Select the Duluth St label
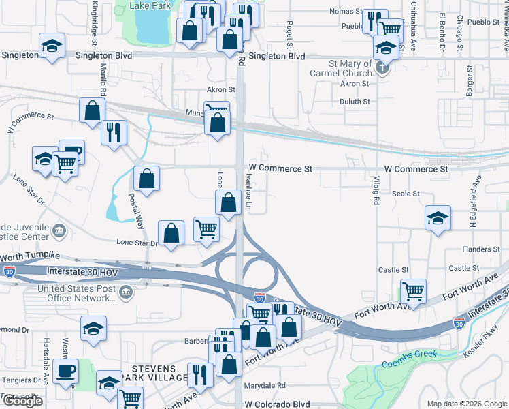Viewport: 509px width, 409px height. point(355,102)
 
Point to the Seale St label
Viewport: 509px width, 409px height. point(406,194)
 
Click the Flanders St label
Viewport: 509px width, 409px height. point(482,249)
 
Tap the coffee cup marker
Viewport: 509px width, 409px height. point(66,372)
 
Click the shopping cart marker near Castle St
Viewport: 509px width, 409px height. point(413,292)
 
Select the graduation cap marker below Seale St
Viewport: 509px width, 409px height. point(438,218)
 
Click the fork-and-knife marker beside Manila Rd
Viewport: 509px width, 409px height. point(114,131)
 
